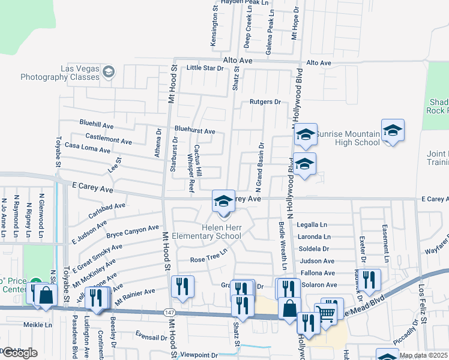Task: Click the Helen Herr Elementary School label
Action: pos(221,232)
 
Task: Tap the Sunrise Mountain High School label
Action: pos(348,137)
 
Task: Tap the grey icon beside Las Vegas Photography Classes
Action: pos(108,73)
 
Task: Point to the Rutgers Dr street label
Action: pos(265,102)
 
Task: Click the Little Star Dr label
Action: pos(205,68)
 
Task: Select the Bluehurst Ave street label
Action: pos(194,131)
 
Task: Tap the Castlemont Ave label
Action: pos(109,141)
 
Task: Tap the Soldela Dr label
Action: pos(315,248)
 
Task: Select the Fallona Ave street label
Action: pos(318,273)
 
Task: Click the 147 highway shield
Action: pos(170,313)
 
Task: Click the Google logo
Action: pos(19,353)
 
